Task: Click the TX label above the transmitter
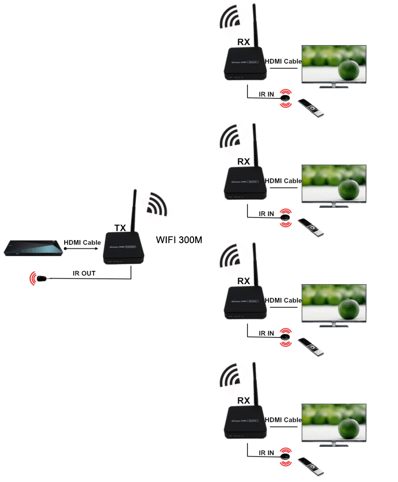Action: [x=120, y=228]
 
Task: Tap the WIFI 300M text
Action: [x=179, y=240]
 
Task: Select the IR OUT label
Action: [x=85, y=273]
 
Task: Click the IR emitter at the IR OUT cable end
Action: [x=42, y=279]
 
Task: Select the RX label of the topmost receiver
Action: [x=243, y=42]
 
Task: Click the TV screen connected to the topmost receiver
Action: [x=333, y=64]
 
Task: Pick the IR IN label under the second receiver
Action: [x=266, y=214]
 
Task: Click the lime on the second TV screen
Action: [x=348, y=189]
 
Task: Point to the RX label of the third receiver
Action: [x=243, y=281]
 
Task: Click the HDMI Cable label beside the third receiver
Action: [x=283, y=300]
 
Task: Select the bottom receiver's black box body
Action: [x=245, y=421]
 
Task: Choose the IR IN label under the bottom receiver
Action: [x=266, y=453]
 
